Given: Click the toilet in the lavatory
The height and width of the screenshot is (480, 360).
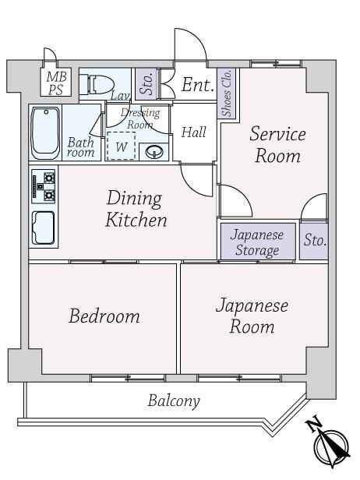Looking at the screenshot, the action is [x=96, y=84].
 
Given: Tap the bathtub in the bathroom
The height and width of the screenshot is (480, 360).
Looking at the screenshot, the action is [x=46, y=132].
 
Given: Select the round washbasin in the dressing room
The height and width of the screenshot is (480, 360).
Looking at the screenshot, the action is [x=154, y=151].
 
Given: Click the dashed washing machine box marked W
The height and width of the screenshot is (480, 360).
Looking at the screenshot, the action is [x=122, y=146].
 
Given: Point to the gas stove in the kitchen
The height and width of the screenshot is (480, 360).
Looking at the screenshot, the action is [x=44, y=186].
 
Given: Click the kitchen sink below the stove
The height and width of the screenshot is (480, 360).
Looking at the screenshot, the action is [x=44, y=228].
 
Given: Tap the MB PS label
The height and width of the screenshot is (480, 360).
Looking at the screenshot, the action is [x=56, y=83].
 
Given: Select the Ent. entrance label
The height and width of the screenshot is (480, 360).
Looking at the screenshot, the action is [x=198, y=85].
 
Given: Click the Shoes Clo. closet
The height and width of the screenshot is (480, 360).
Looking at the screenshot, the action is [x=227, y=94].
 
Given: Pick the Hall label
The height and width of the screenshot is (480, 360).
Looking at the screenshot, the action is [x=194, y=132].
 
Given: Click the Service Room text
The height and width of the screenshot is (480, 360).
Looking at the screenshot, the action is [x=277, y=145].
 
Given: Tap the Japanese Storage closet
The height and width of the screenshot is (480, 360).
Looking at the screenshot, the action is [x=258, y=242].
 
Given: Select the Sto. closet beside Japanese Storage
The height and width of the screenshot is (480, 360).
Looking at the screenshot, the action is [x=314, y=241].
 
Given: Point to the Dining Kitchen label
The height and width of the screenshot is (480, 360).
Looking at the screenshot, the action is [x=136, y=209].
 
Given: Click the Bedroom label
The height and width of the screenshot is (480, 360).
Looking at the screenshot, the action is [x=104, y=316].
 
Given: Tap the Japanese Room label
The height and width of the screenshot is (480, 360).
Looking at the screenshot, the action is [x=252, y=316].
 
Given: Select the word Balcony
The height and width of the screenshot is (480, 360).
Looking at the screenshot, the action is [x=174, y=401].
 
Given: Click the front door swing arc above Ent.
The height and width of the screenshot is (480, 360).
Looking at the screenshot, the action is [x=196, y=37].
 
